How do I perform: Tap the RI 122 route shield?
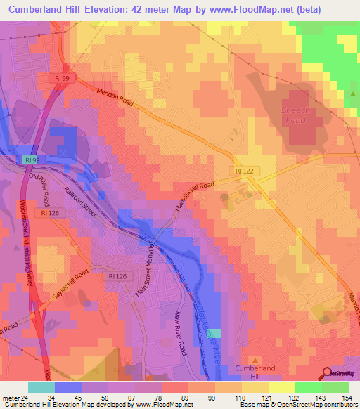pyautogui.click(x=244, y=171)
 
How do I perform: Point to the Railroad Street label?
pyautogui.click(x=79, y=200)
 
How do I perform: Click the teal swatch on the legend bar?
pyautogui.click(x=41, y=387)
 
